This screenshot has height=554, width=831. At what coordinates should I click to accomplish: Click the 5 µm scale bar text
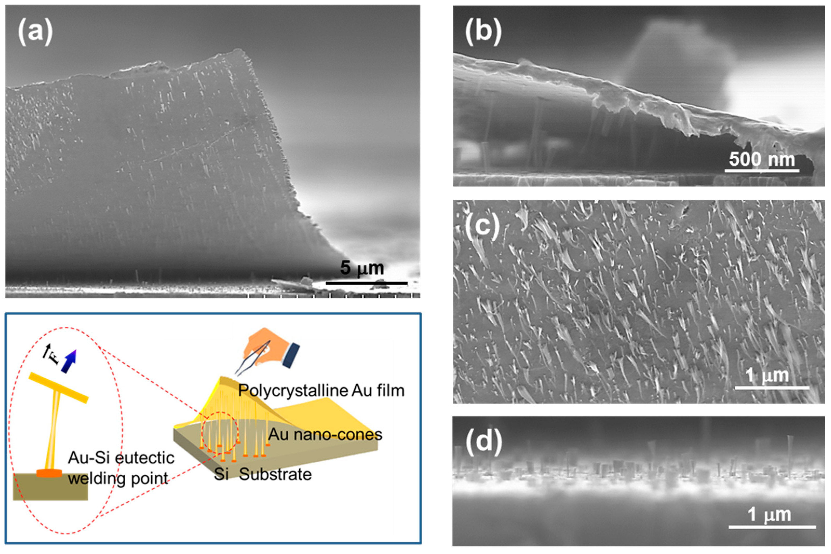[x=362, y=268]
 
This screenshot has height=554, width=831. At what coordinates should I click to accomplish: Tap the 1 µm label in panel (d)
[x=769, y=515]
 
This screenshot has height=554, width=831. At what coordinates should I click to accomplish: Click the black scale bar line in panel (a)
[x=366, y=283]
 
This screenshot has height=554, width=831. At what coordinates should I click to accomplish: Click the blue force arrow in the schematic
[x=69, y=361]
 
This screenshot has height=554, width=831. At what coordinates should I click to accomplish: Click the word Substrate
[x=275, y=474]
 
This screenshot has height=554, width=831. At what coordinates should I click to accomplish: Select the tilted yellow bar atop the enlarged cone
[x=58, y=387]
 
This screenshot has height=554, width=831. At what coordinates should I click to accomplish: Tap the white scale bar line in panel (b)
[x=762, y=171]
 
